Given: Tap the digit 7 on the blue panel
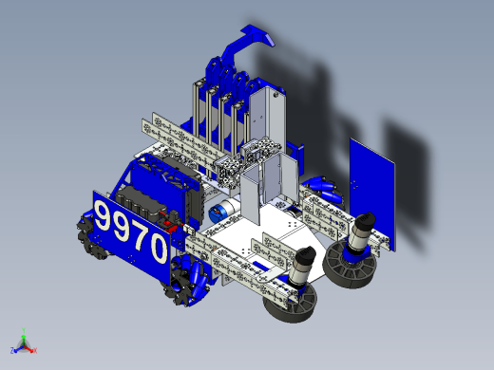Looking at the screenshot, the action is [141, 235].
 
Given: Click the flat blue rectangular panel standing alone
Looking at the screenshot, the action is [372, 194].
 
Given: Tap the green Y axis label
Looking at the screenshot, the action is [24, 330].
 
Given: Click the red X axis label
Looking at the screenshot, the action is [35, 350].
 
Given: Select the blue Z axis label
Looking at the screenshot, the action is [12, 350].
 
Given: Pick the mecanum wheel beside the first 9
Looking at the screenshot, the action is [86, 235].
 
